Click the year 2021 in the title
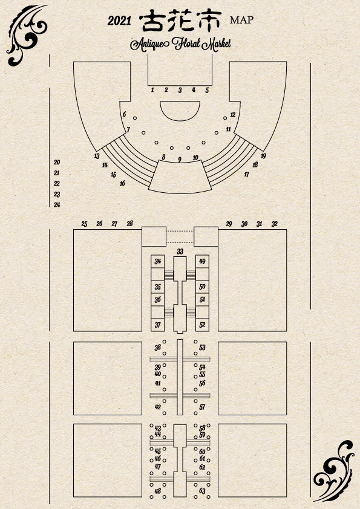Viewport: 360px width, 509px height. (x=119, y=21)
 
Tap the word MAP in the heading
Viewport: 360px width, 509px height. (x=242, y=20)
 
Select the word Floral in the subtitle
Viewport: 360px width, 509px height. (x=186, y=44)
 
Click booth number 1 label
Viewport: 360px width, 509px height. (x=152, y=89)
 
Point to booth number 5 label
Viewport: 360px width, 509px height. (x=207, y=90)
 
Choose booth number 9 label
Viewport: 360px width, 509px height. (x=179, y=160)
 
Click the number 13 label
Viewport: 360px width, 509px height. (x=97, y=156)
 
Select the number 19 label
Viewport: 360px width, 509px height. (x=263, y=156)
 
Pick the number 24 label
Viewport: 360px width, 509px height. (x=57, y=204)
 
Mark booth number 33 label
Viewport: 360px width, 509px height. (x=180, y=251)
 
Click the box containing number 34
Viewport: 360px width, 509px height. (x=157, y=261)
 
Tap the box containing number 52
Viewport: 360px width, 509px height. (x=203, y=325)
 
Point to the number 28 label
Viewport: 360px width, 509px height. (x=130, y=223)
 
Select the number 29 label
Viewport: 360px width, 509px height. (x=229, y=224)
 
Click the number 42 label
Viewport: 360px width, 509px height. (x=157, y=407)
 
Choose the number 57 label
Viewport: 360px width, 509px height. (x=203, y=407)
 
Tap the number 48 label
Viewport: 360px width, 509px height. (x=157, y=491)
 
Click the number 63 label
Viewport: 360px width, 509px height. (x=203, y=491)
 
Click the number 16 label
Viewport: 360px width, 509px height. (x=122, y=183)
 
